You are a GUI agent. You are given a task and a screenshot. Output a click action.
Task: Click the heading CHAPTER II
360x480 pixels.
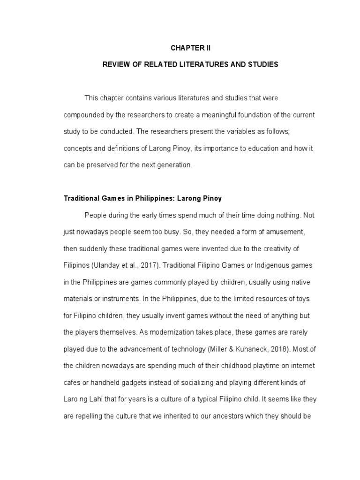point(190,48)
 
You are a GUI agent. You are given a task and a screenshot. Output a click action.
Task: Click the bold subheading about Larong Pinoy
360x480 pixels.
point(142,199)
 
